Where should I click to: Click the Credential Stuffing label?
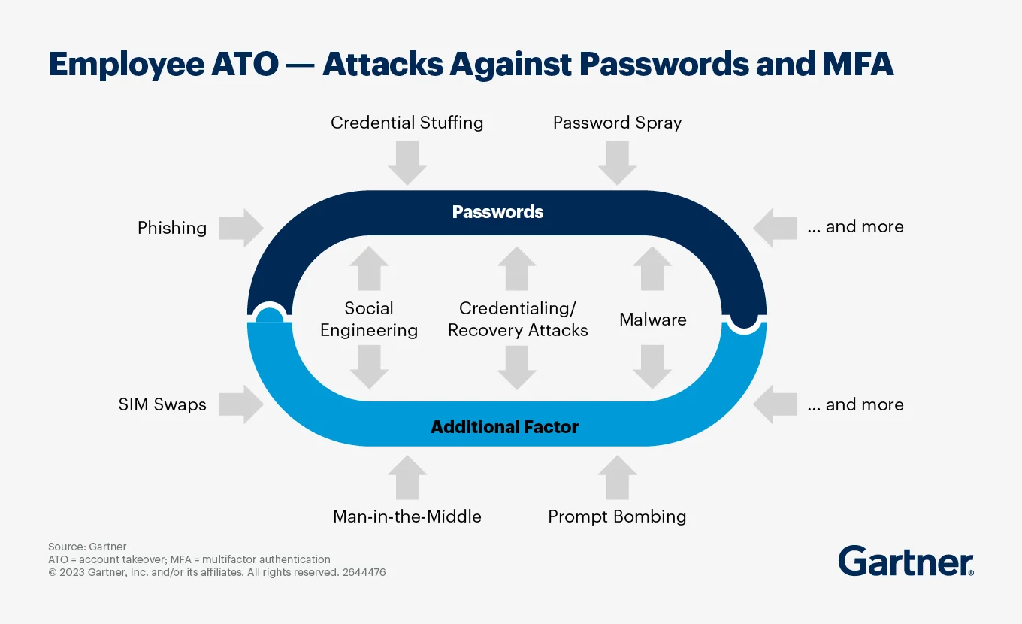[407, 123]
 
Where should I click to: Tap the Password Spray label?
[617, 123]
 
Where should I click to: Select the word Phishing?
[172, 228]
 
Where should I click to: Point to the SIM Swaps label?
[162, 404]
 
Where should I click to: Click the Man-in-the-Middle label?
[407, 516]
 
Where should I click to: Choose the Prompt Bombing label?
[617, 516]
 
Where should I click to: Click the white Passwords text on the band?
[497, 212]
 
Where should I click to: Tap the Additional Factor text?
[504, 428]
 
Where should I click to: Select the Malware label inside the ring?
[652, 320]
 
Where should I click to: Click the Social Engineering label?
[369, 320]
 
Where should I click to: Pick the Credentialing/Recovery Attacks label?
[518, 320]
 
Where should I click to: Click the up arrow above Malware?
[652, 268]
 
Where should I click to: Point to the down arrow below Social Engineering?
[369, 367]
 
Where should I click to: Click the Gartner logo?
[906, 562]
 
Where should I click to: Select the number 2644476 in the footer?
[364, 572]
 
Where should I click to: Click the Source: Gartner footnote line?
[87, 547]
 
